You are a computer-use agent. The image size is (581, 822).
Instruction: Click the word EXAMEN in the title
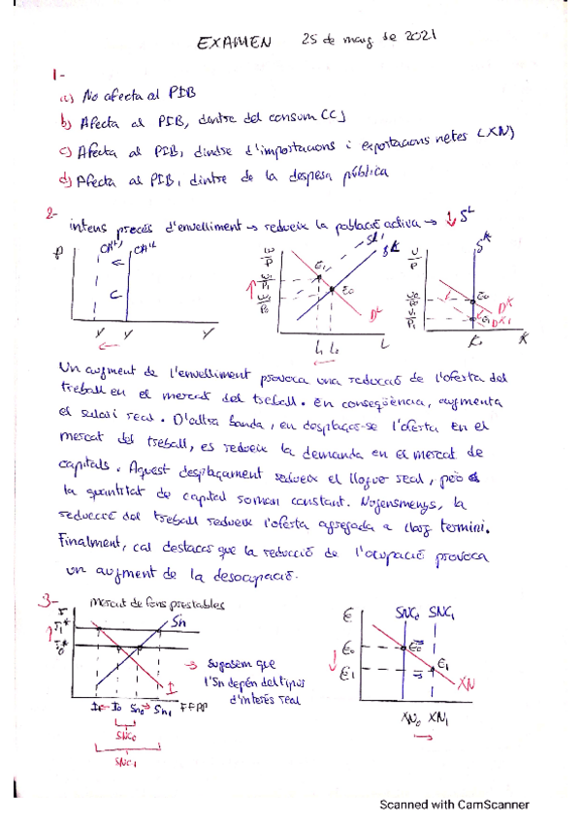234,43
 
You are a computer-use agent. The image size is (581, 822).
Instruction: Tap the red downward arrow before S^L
450,218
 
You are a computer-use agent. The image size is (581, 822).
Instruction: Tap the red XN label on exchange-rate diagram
471,681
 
